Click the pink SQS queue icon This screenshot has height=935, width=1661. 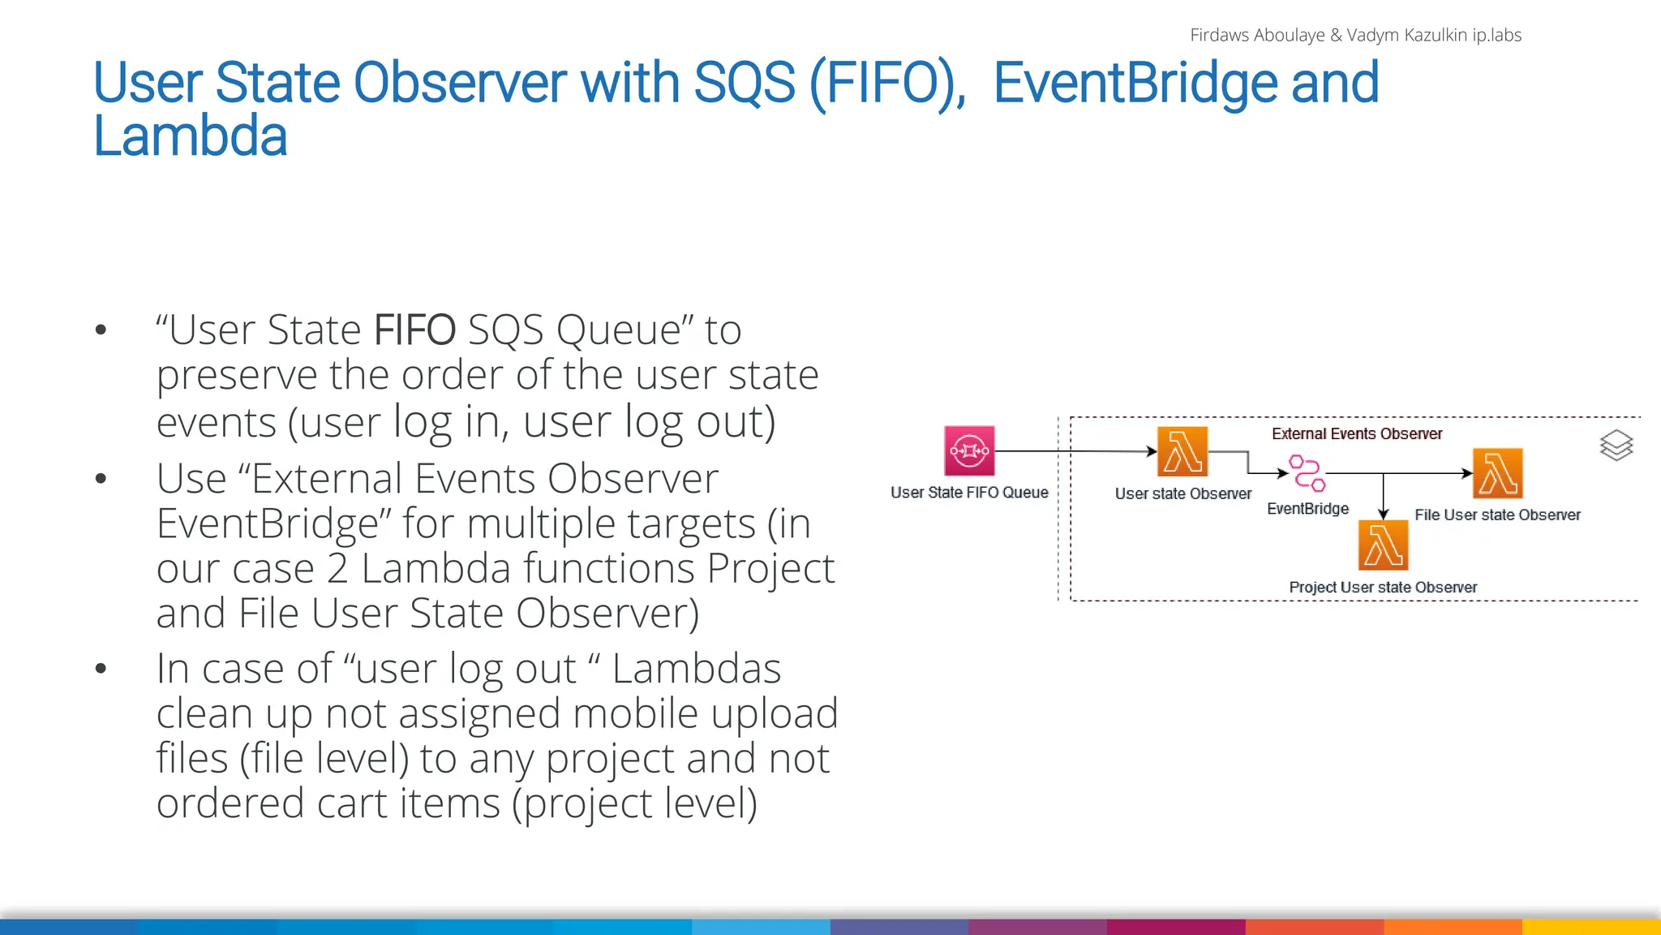[969, 450]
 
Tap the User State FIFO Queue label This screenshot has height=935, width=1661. [969, 493]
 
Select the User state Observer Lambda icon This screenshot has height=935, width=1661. [1182, 451]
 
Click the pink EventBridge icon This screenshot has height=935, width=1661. [1307, 473]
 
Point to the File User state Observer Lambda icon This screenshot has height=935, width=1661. [1497, 473]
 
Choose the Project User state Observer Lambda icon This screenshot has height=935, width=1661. [1383, 545]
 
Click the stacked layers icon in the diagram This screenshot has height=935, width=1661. [1616, 446]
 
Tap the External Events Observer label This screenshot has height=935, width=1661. [1357, 434]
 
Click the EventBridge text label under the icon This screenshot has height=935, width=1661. [1307, 509]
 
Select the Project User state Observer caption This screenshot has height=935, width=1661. [1383, 587]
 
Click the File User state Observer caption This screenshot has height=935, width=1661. [1497, 515]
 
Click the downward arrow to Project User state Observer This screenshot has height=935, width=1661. [1383, 497]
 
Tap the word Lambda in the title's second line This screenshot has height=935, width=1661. [190, 136]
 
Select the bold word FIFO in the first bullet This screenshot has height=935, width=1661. [414, 330]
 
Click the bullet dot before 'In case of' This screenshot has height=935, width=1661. [101, 669]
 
